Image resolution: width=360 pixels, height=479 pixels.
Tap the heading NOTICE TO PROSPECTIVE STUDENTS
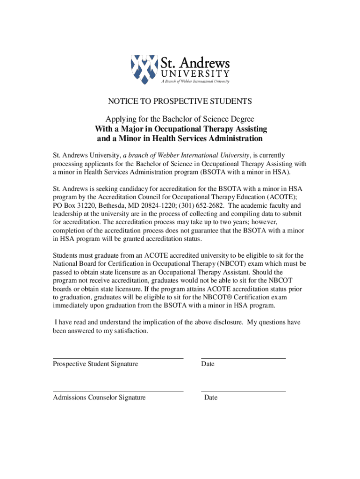pos(180,101)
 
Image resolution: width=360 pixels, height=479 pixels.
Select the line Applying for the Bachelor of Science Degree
pos(180,119)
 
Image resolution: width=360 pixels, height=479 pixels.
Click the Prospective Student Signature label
pos(95,364)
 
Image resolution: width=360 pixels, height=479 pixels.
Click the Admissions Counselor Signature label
pos(99,398)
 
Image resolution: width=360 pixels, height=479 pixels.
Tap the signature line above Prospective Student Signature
pos(118,358)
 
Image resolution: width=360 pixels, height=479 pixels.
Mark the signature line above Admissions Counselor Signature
pos(118,392)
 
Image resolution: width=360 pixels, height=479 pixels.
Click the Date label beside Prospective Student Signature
pos(208,364)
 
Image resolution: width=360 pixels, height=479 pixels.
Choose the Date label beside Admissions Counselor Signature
pos(210,398)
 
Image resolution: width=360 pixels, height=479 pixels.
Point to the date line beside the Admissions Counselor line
pos(243,392)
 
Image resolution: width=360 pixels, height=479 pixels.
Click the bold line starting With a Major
pos(180,129)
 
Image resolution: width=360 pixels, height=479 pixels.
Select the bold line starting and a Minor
pos(180,139)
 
